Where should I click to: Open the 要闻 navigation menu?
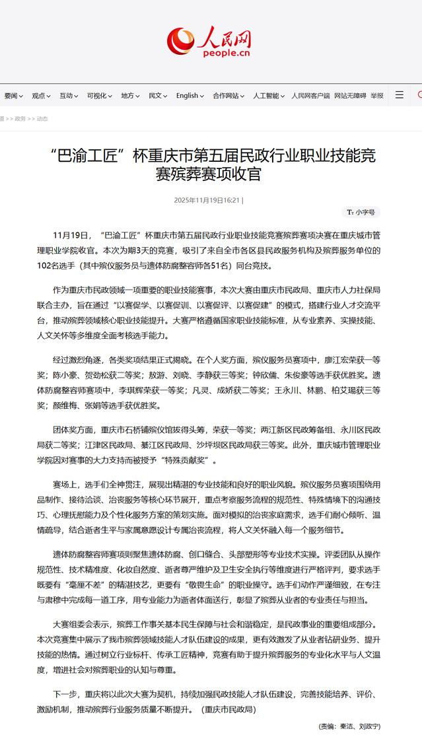pyautogui.click(x=13, y=96)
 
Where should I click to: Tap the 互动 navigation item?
pyautogui.click(x=69, y=96)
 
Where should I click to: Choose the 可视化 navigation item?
pyautogui.click(x=99, y=96)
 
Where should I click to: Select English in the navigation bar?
pyautogui.click(x=190, y=96)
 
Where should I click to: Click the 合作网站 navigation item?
pyautogui.click(x=228, y=96)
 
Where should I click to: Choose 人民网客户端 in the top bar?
pyautogui.click(x=310, y=96)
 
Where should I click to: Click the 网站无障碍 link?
pyautogui.click(x=350, y=96)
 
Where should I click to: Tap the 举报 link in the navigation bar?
pyautogui.click(x=376, y=96)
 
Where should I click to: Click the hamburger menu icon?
pyautogui.click(x=400, y=95)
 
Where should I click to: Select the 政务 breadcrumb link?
pyautogui.click(x=20, y=119)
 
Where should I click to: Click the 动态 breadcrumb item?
pyautogui.click(x=42, y=119)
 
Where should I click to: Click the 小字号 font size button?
pyautogui.click(x=361, y=212)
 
